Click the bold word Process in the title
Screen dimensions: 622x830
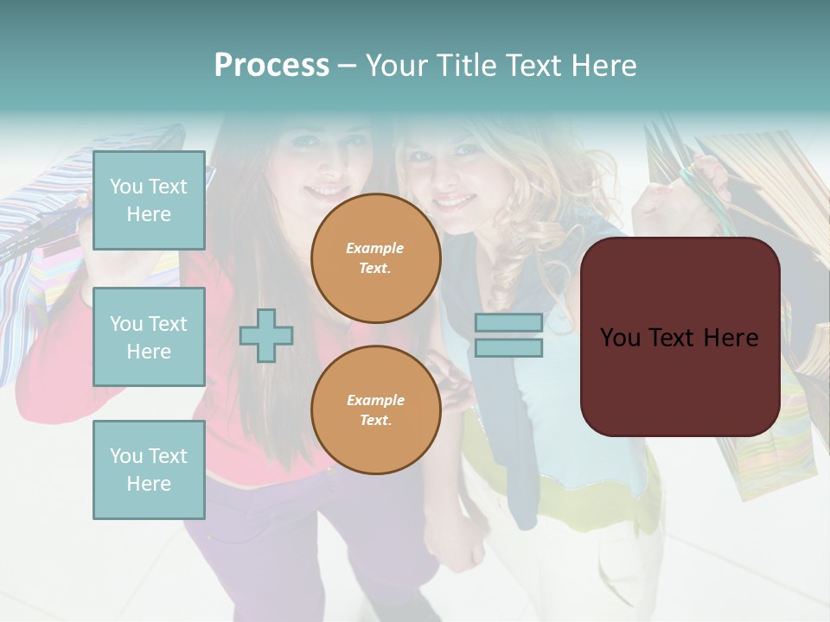(x=271, y=66)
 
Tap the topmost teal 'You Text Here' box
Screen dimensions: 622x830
(x=149, y=200)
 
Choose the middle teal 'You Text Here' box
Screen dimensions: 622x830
(x=149, y=337)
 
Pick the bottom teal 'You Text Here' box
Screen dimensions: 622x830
(x=149, y=470)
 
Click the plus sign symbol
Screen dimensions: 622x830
(x=266, y=335)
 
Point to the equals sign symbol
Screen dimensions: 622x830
(x=508, y=335)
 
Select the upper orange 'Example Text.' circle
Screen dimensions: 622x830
(x=375, y=257)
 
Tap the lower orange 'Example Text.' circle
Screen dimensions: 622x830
(x=375, y=409)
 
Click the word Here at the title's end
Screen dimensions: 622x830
(x=603, y=66)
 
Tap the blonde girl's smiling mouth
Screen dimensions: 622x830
(x=456, y=201)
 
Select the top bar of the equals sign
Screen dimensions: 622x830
(x=508, y=323)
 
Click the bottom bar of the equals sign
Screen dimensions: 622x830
(x=508, y=347)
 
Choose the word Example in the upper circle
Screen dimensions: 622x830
(x=375, y=248)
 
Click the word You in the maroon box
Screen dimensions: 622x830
(x=620, y=338)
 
